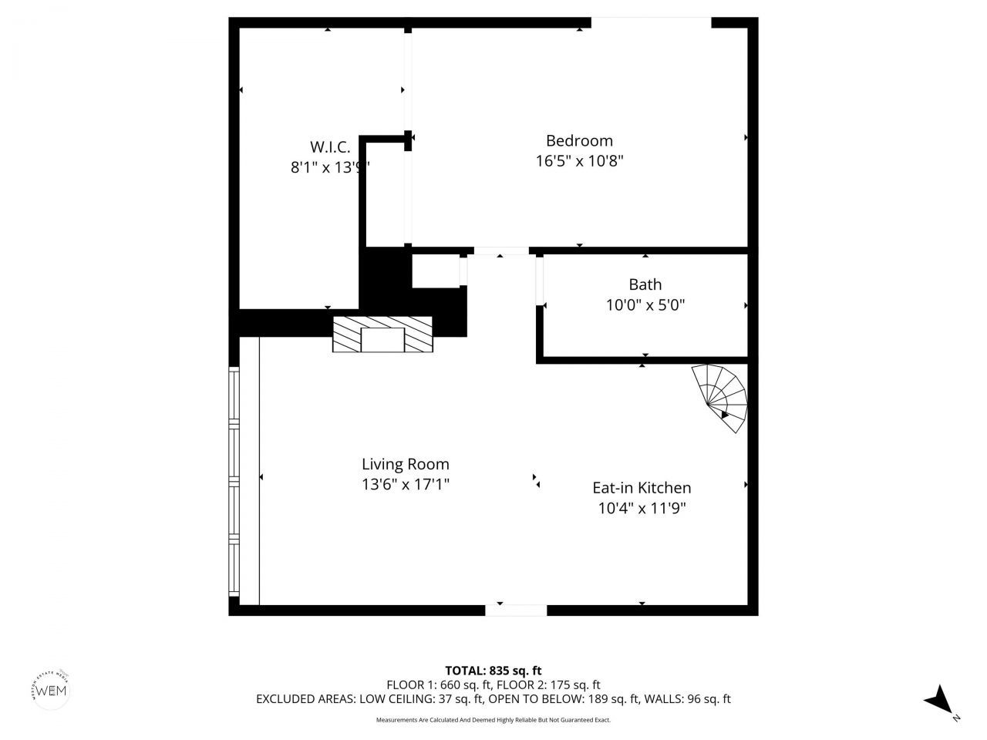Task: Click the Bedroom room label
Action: pyautogui.click(x=579, y=140)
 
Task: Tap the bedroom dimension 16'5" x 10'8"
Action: pyautogui.click(x=579, y=161)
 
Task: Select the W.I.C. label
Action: pyautogui.click(x=330, y=146)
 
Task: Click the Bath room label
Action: pyautogui.click(x=645, y=284)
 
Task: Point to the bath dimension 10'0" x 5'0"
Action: pyautogui.click(x=645, y=305)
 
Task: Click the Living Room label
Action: pyautogui.click(x=405, y=464)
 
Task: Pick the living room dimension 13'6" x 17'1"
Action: pyautogui.click(x=405, y=484)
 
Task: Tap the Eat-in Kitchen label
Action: pyautogui.click(x=642, y=488)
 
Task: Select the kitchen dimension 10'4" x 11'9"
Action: pyautogui.click(x=642, y=508)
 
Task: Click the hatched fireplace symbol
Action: pyautogui.click(x=382, y=335)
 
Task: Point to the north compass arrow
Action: pyautogui.click(x=939, y=700)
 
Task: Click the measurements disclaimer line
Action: pyautogui.click(x=493, y=720)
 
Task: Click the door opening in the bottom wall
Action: pyautogui.click(x=516, y=610)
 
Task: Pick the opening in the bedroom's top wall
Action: pyautogui.click(x=651, y=22)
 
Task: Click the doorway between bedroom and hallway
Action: pyautogui.click(x=501, y=251)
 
